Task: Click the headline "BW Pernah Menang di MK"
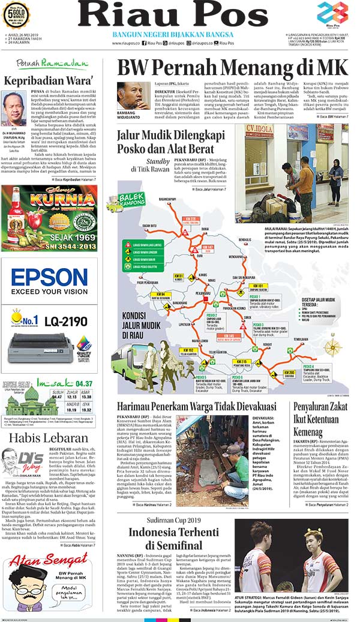click(232, 67)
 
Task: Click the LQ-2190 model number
click(61, 322)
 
